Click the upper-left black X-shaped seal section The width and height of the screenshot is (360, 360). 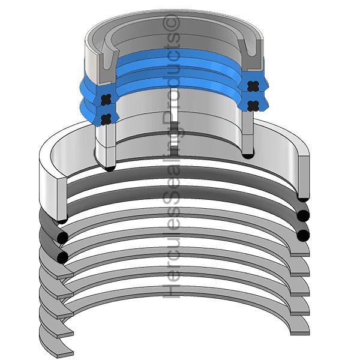pos(106,100)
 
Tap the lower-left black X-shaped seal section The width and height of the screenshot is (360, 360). pos(106,119)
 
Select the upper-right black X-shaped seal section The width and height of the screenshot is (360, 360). pos(253,86)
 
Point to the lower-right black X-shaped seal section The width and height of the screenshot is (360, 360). pos(253,106)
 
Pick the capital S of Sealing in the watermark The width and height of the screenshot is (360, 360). pos(171,203)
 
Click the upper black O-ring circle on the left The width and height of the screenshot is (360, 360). pos(62,237)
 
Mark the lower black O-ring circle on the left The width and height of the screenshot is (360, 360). pos(62,257)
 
